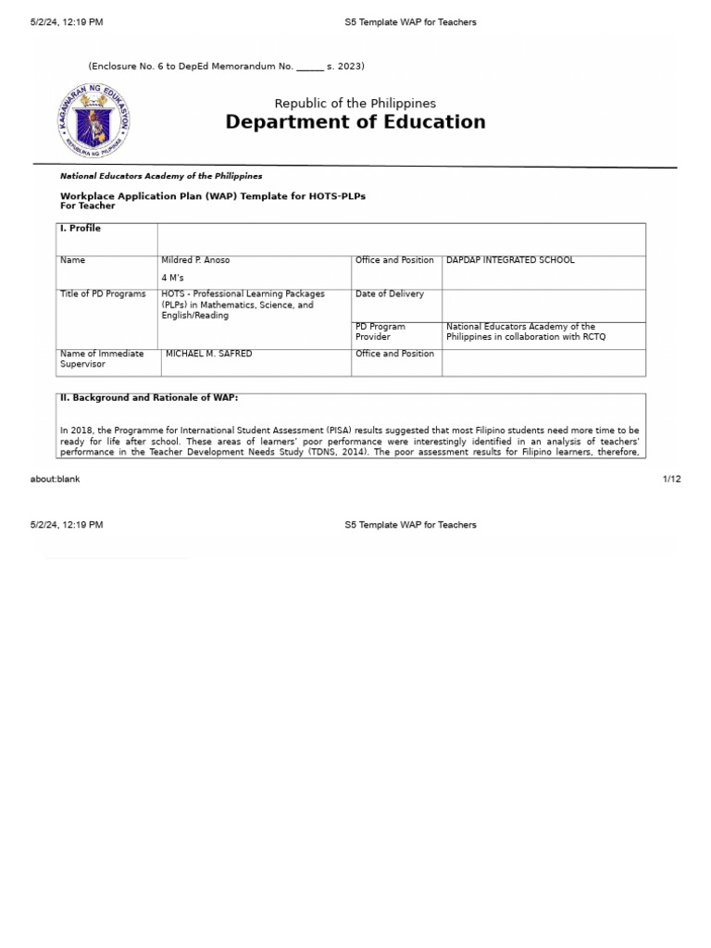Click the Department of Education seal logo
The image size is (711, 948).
pyautogui.click(x=93, y=121)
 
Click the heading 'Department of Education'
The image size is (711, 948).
pyautogui.click(x=355, y=122)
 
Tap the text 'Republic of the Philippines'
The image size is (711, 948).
pyautogui.click(x=355, y=104)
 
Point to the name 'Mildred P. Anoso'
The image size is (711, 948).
pyautogui.click(x=195, y=260)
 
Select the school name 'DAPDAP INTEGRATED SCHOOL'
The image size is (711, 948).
pyautogui.click(x=510, y=260)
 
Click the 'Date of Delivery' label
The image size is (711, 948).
pyautogui.click(x=389, y=293)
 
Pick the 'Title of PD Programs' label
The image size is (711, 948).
pyautogui.click(x=103, y=293)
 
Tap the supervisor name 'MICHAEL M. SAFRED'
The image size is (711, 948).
pyautogui.click(x=208, y=354)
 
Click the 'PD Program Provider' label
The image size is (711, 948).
pyautogui.click(x=380, y=331)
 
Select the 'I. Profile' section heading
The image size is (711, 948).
pyautogui.click(x=81, y=228)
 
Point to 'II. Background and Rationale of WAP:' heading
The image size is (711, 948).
pyautogui.click(x=149, y=397)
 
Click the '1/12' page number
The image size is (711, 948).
pyautogui.click(x=671, y=479)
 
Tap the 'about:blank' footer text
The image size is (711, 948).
pyautogui.click(x=55, y=479)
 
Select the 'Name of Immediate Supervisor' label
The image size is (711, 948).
pyautogui.click(x=102, y=358)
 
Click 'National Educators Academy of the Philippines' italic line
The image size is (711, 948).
pyautogui.click(x=161, y=176)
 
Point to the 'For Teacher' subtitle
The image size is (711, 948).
pyautogui.click(x=87, y=206)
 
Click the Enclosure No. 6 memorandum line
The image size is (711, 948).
pyautogui.click(x=226, y=66)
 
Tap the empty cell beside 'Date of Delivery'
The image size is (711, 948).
pyautogui.click(x=543, y=305)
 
